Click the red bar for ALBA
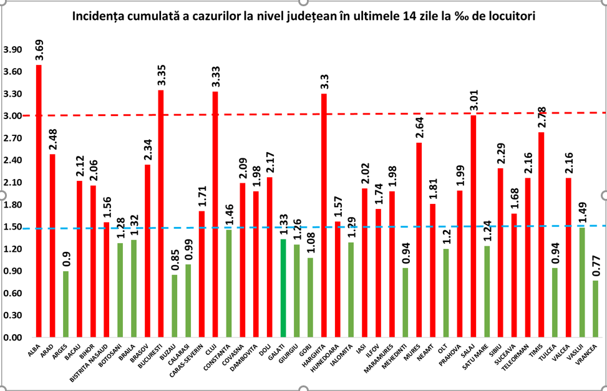point(39,201)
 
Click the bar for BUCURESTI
point(161,214)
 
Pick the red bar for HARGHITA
point(324,216)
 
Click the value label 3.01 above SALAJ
point(473,100)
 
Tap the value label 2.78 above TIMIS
point(541,117)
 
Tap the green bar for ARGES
point(66,304)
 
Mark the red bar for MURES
point(419,240)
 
